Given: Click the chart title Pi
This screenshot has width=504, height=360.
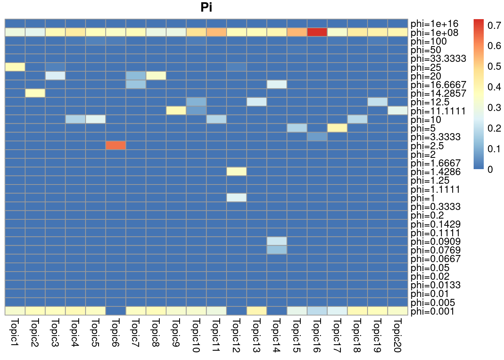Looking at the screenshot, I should (x=206, y=7).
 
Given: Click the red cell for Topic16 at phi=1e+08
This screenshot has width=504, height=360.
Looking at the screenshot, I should (x=317, y=32).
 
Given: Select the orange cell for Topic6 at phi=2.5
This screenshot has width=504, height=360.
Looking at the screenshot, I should (x=115, y=145).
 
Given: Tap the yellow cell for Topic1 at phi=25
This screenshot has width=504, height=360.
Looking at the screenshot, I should (x=15, y=67).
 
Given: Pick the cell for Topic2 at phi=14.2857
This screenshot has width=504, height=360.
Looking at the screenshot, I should (x=35, y=93).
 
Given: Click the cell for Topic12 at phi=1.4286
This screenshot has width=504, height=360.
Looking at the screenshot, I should (x=236, y=171).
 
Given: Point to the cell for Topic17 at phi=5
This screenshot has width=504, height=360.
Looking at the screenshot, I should (x=337, y=128).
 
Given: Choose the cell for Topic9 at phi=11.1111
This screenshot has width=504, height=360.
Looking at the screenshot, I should (x=176, y=111).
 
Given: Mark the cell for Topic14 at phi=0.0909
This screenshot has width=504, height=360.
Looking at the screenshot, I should (x=277, y=241).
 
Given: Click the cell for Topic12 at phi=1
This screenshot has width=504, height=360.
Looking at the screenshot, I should (x=236, y=198).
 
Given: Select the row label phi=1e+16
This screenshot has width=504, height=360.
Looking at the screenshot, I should (x=434, y=24).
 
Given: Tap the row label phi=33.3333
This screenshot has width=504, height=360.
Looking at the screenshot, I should (x=438, y=58).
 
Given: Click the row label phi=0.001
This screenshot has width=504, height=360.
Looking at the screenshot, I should (x=432, y=311).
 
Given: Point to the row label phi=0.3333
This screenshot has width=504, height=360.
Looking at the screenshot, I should (x=435, y=207).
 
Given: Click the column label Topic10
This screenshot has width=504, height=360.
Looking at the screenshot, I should (x=196, y=335).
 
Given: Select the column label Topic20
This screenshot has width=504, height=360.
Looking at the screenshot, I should (x=397, y=335).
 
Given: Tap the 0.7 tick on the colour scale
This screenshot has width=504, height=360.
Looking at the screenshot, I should (x=494, y=25).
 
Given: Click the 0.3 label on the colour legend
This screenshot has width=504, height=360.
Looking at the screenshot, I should (x=494, y=108).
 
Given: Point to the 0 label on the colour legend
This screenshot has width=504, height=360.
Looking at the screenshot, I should (x=490, y=169).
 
